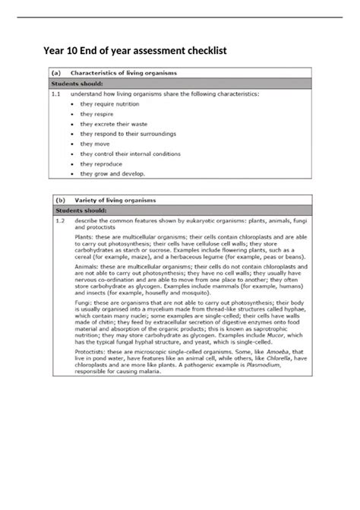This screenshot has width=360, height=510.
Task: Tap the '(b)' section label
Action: point(58,200)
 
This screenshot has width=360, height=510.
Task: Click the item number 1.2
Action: point(55,221)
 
